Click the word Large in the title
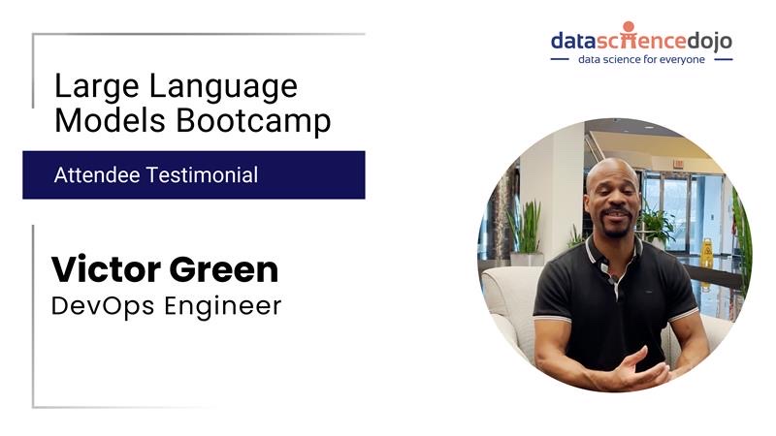pyautogui.click(x=96, y=87)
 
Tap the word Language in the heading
pyautogui.click(x=223, y=87)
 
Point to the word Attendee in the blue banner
pyautogui.click(x=96, y=175)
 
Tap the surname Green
pyautogui.click(x=224, y=270)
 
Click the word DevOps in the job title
pyautogui.click(x=103, y=305)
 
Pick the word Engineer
pyautogui.click(x=223, y=306)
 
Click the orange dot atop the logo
pyautogui.click(x=629, y=27)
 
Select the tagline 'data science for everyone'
pyautogui.click(x=641, y=59)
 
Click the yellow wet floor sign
pyautogui.click(x=707, y=253)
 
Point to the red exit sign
pyautogui.click(x=678, y=163)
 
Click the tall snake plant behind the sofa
pyautogui.click(x=526, y=228)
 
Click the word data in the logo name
pyautogui.click(x=573, y=41)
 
